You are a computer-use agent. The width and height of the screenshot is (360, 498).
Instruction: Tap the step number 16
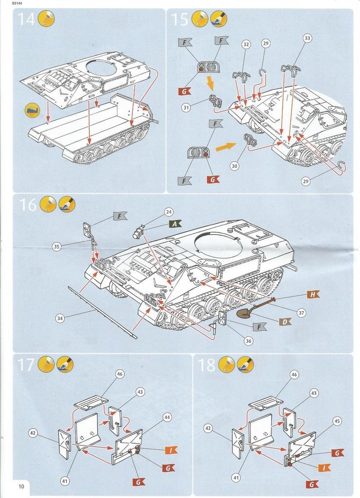tap(28, 205)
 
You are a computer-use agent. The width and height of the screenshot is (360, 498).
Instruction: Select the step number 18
tap(207, 364)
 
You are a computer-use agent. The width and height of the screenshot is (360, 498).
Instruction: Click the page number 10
tap(21, 487)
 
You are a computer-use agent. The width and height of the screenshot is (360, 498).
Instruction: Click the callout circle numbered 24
tap(169, 212)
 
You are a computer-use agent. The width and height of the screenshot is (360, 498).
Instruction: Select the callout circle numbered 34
tap(60, 319)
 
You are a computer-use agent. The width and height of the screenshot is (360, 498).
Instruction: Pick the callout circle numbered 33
tap(307, 37)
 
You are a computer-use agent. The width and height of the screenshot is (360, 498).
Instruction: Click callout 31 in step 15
tap(186, 107)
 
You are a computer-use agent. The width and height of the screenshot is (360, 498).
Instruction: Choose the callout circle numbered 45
tap(336, 421)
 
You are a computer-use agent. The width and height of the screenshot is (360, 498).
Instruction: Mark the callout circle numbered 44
tap(167, 417)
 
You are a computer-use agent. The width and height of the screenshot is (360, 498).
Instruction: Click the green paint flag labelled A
tap(175, 224)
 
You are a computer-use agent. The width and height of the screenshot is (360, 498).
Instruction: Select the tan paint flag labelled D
tap(285, 321)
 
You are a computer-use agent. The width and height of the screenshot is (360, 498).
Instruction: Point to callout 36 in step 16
tap(249, 341)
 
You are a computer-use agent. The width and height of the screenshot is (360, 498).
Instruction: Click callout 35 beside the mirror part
tap(56, 247)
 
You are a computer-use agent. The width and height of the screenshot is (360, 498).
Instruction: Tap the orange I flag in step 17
tap(171, 450)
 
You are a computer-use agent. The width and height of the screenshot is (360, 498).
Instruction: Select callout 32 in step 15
tap(246, 44)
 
